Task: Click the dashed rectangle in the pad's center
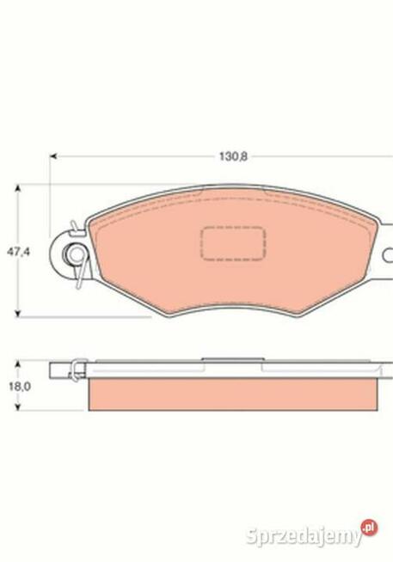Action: click(x=232, y=243)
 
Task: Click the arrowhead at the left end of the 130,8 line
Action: click(x=54, y=157)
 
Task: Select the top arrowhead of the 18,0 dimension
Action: click(x=19, y=364)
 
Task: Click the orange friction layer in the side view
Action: click(x=232, y=394)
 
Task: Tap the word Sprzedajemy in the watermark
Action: click(x=301, y=536)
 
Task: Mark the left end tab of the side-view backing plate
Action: click(x=58, y=372)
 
